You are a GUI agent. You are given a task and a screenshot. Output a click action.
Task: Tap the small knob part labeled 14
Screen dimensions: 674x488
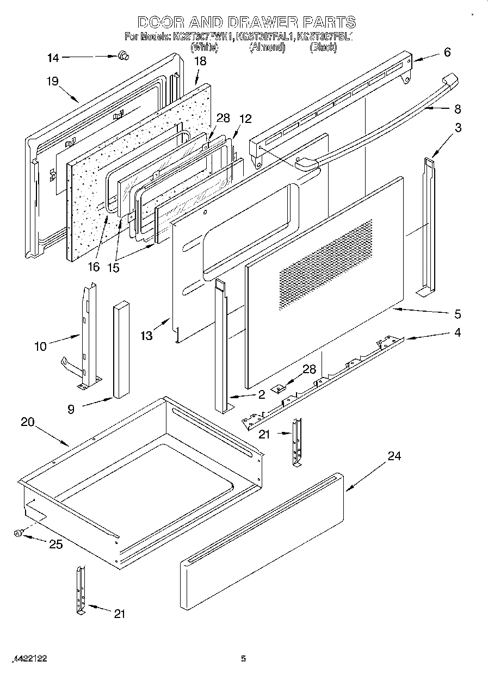click(122, 54)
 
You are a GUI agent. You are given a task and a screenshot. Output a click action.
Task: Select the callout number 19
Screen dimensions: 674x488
click(52, 82)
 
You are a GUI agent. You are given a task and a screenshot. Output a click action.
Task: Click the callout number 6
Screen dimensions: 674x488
click(447, 52)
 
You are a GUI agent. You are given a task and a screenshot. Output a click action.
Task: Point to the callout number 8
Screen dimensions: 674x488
click(457, 109)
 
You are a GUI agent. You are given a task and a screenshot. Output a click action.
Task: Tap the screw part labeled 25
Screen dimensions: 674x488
click(18, 534)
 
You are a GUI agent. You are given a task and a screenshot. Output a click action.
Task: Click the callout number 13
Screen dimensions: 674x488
click(146, 336)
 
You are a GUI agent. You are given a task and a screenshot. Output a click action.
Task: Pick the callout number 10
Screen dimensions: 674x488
click(41, 346)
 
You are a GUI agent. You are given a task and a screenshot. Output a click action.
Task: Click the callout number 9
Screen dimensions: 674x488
click(71, 409)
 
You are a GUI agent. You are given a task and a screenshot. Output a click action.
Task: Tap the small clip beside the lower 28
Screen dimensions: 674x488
click(280, 388)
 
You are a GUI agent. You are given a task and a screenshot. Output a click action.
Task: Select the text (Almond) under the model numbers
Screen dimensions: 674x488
click(267, 47)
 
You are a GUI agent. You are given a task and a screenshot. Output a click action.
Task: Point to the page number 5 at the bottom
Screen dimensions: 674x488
click(244, 659)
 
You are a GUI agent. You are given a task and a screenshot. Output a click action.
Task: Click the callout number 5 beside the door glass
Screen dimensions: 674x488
click(457, 314)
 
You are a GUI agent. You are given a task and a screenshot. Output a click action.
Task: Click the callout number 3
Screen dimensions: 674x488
click(459, 128)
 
